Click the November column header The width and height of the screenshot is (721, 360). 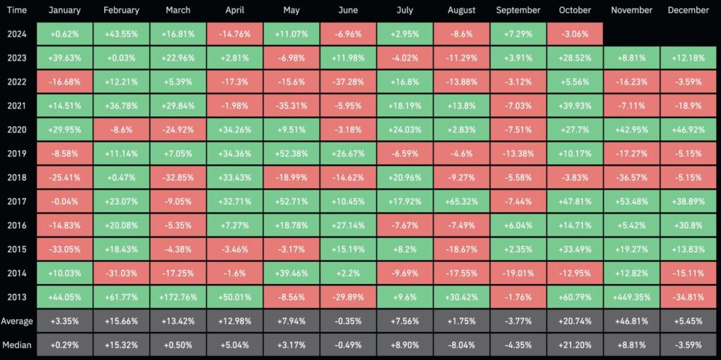tap(632, 11)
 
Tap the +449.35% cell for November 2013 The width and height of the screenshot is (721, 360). tap(632, 297)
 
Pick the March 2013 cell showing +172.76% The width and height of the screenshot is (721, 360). tap(178, 297)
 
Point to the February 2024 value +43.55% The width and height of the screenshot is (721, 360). tap(121, 34)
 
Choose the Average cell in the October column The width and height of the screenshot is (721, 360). tap(575, 321)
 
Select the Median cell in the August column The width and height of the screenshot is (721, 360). tap(461, 345)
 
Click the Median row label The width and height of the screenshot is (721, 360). tap(17, 345)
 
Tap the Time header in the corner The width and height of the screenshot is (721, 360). tap(17, 11)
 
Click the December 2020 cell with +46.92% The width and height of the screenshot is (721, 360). tap(688, 130)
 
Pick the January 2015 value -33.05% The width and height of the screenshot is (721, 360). tap(64, 249)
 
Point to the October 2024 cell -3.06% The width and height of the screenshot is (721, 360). tap(575, 34)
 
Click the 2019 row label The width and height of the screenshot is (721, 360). tap(17, 154)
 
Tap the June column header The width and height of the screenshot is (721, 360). tap(348, 11)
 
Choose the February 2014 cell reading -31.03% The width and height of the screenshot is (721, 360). tap(121, 273)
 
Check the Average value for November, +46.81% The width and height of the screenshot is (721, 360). tap(632, 321)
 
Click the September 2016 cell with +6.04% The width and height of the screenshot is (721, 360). tap(518, 225)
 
